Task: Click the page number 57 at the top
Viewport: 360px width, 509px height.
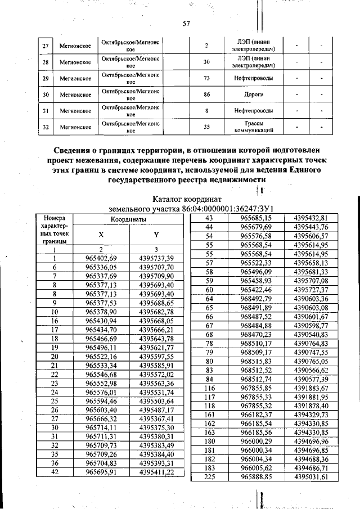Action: tap(187, 23)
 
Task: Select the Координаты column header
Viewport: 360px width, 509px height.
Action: tap(128, 219)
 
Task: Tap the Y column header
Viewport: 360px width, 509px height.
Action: tap(156, 235)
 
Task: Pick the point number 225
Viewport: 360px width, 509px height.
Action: tap(210, 477)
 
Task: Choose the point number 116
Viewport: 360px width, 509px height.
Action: tap(210, 388)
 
